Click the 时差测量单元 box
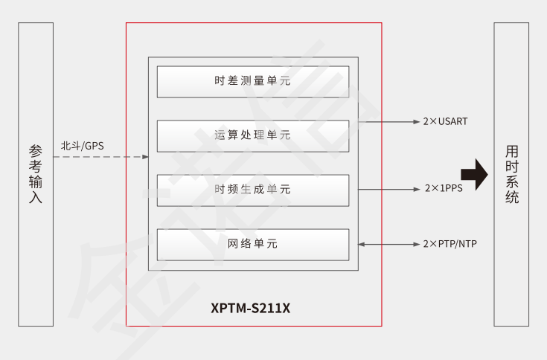[252, 82]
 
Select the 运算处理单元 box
[252, 135]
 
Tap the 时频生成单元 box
[252, 190]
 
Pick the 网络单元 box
[252, 244]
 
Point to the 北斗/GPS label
[83, 145]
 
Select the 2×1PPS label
[444, 189]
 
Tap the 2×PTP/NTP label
[450, 244]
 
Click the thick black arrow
[474, 176]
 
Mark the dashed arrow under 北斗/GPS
[101, 157]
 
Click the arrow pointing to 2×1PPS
[389, 189]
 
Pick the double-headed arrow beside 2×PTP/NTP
[389, 244]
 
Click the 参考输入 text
[36, 174]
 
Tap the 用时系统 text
[511, 174]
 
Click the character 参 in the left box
[36, 150]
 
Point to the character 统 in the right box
[511, 198]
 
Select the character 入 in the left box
[36, 198]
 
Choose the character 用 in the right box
[511, 150]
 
